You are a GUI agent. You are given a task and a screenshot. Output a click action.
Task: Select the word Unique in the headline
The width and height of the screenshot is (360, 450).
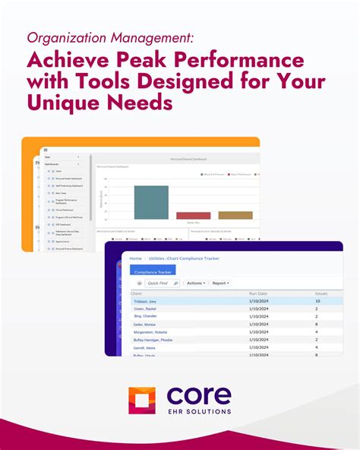(x=64, y=103)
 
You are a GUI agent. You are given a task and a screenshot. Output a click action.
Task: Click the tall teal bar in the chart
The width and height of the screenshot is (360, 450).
(x=150, y=202)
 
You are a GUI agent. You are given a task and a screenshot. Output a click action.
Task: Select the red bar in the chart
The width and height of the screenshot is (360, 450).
(x=193, y=216)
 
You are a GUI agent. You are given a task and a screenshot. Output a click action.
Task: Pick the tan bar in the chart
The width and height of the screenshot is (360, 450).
(x=235, y=215)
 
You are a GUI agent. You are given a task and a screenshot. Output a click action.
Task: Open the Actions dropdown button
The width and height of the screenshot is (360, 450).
(x=195, y=283)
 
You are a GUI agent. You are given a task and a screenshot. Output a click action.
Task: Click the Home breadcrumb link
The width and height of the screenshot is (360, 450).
(x=135, y=258)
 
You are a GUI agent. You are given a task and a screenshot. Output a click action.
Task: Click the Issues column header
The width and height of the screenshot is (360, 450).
(x=321, y=293)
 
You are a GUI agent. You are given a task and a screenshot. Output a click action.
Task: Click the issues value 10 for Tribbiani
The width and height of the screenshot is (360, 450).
(x=317, y=301)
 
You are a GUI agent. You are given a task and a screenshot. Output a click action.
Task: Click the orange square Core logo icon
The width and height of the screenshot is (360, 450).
(x=141, y=400)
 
